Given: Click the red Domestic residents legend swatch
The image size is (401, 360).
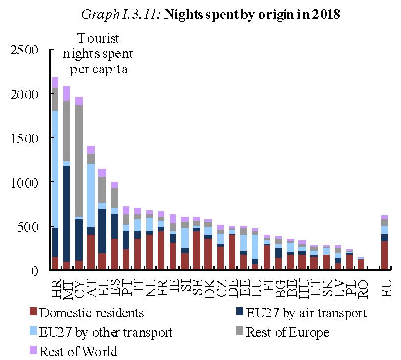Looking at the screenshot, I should coord(33,313).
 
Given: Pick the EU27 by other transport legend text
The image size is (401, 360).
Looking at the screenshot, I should coord(106,332).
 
